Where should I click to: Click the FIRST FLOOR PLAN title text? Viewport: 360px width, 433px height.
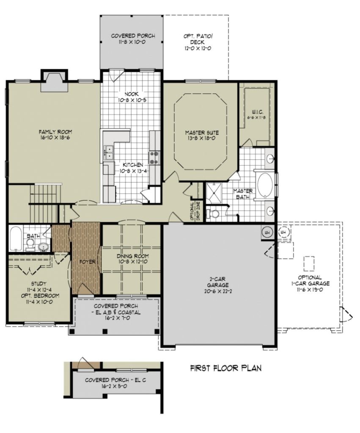[225, 368]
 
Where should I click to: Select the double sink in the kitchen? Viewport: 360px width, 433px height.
[109, 152]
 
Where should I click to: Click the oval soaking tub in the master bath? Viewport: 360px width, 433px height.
[265, 186]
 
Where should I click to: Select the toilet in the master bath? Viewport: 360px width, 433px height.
[214, 214]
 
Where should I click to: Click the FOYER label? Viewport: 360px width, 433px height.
[88, 262]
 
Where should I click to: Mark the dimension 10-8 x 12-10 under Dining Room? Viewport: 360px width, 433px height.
[132, 262]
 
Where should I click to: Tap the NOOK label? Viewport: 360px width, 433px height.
[131, 94]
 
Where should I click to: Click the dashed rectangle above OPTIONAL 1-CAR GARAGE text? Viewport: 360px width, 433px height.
[309, 263]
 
